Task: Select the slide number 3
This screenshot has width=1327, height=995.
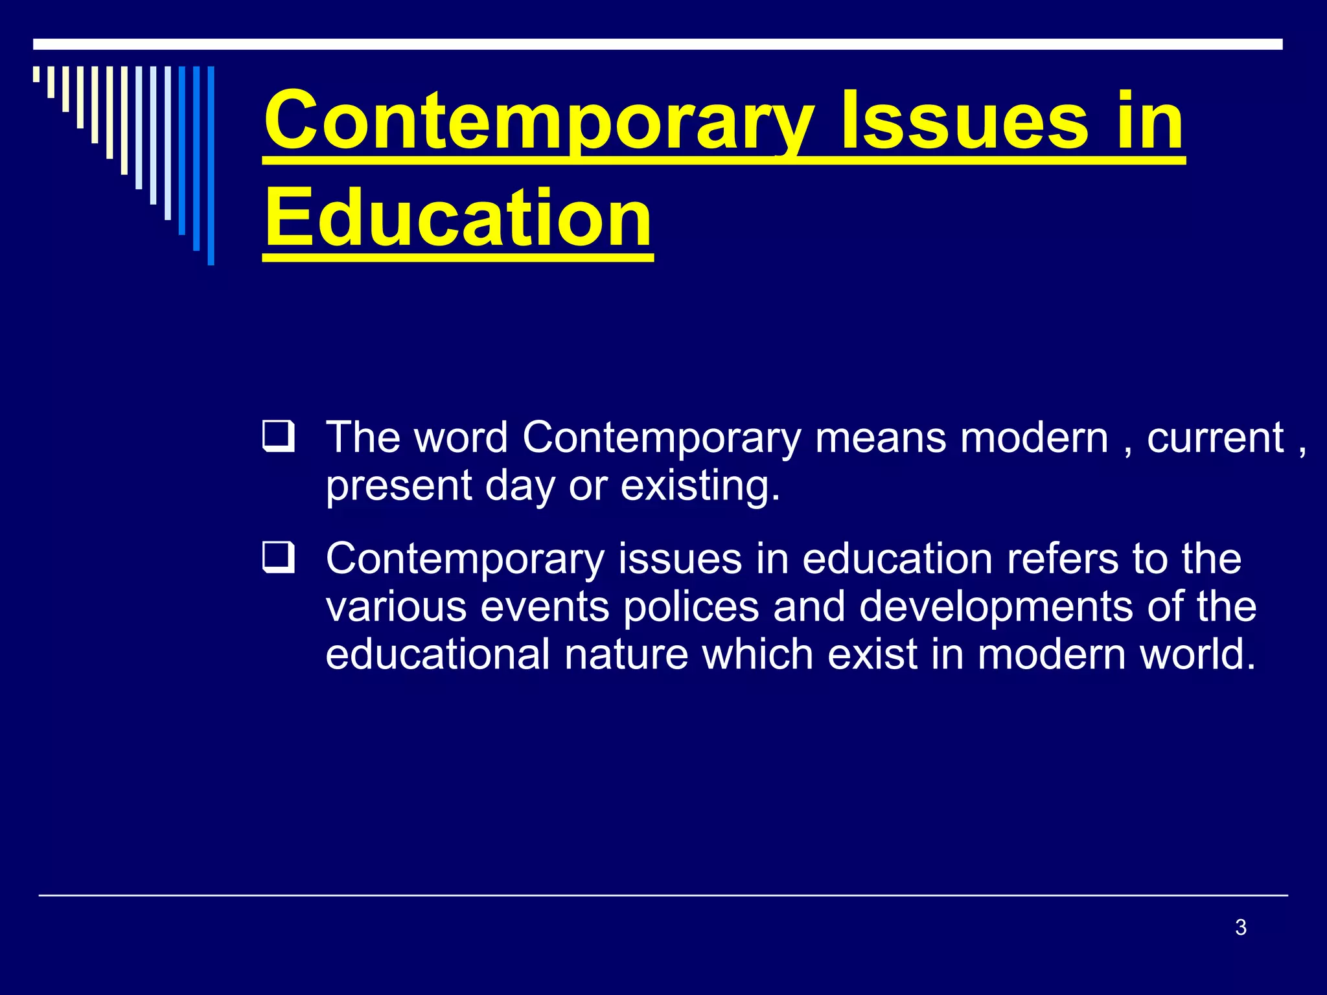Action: click(x=1240, y=928)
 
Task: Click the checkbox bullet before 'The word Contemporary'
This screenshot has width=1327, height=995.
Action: click(x=278, y=437)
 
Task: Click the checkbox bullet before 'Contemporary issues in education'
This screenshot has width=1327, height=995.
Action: click(x=278, y=558)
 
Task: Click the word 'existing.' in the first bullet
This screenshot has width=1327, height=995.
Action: click(x=700, y=486)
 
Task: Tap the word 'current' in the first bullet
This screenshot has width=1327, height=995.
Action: click(x=1216, y=438)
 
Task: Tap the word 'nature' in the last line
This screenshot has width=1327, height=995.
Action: click(x=626, y=655)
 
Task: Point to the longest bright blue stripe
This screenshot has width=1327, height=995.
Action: click(x=211, y=166)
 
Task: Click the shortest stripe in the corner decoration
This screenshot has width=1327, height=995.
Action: click(x=36, y=74)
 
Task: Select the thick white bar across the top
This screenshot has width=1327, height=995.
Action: click(x=657, y=44)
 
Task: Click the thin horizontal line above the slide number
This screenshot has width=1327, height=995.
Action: click(x=662, y=895)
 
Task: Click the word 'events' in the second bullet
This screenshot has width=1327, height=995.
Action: click(x=546, y=607)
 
